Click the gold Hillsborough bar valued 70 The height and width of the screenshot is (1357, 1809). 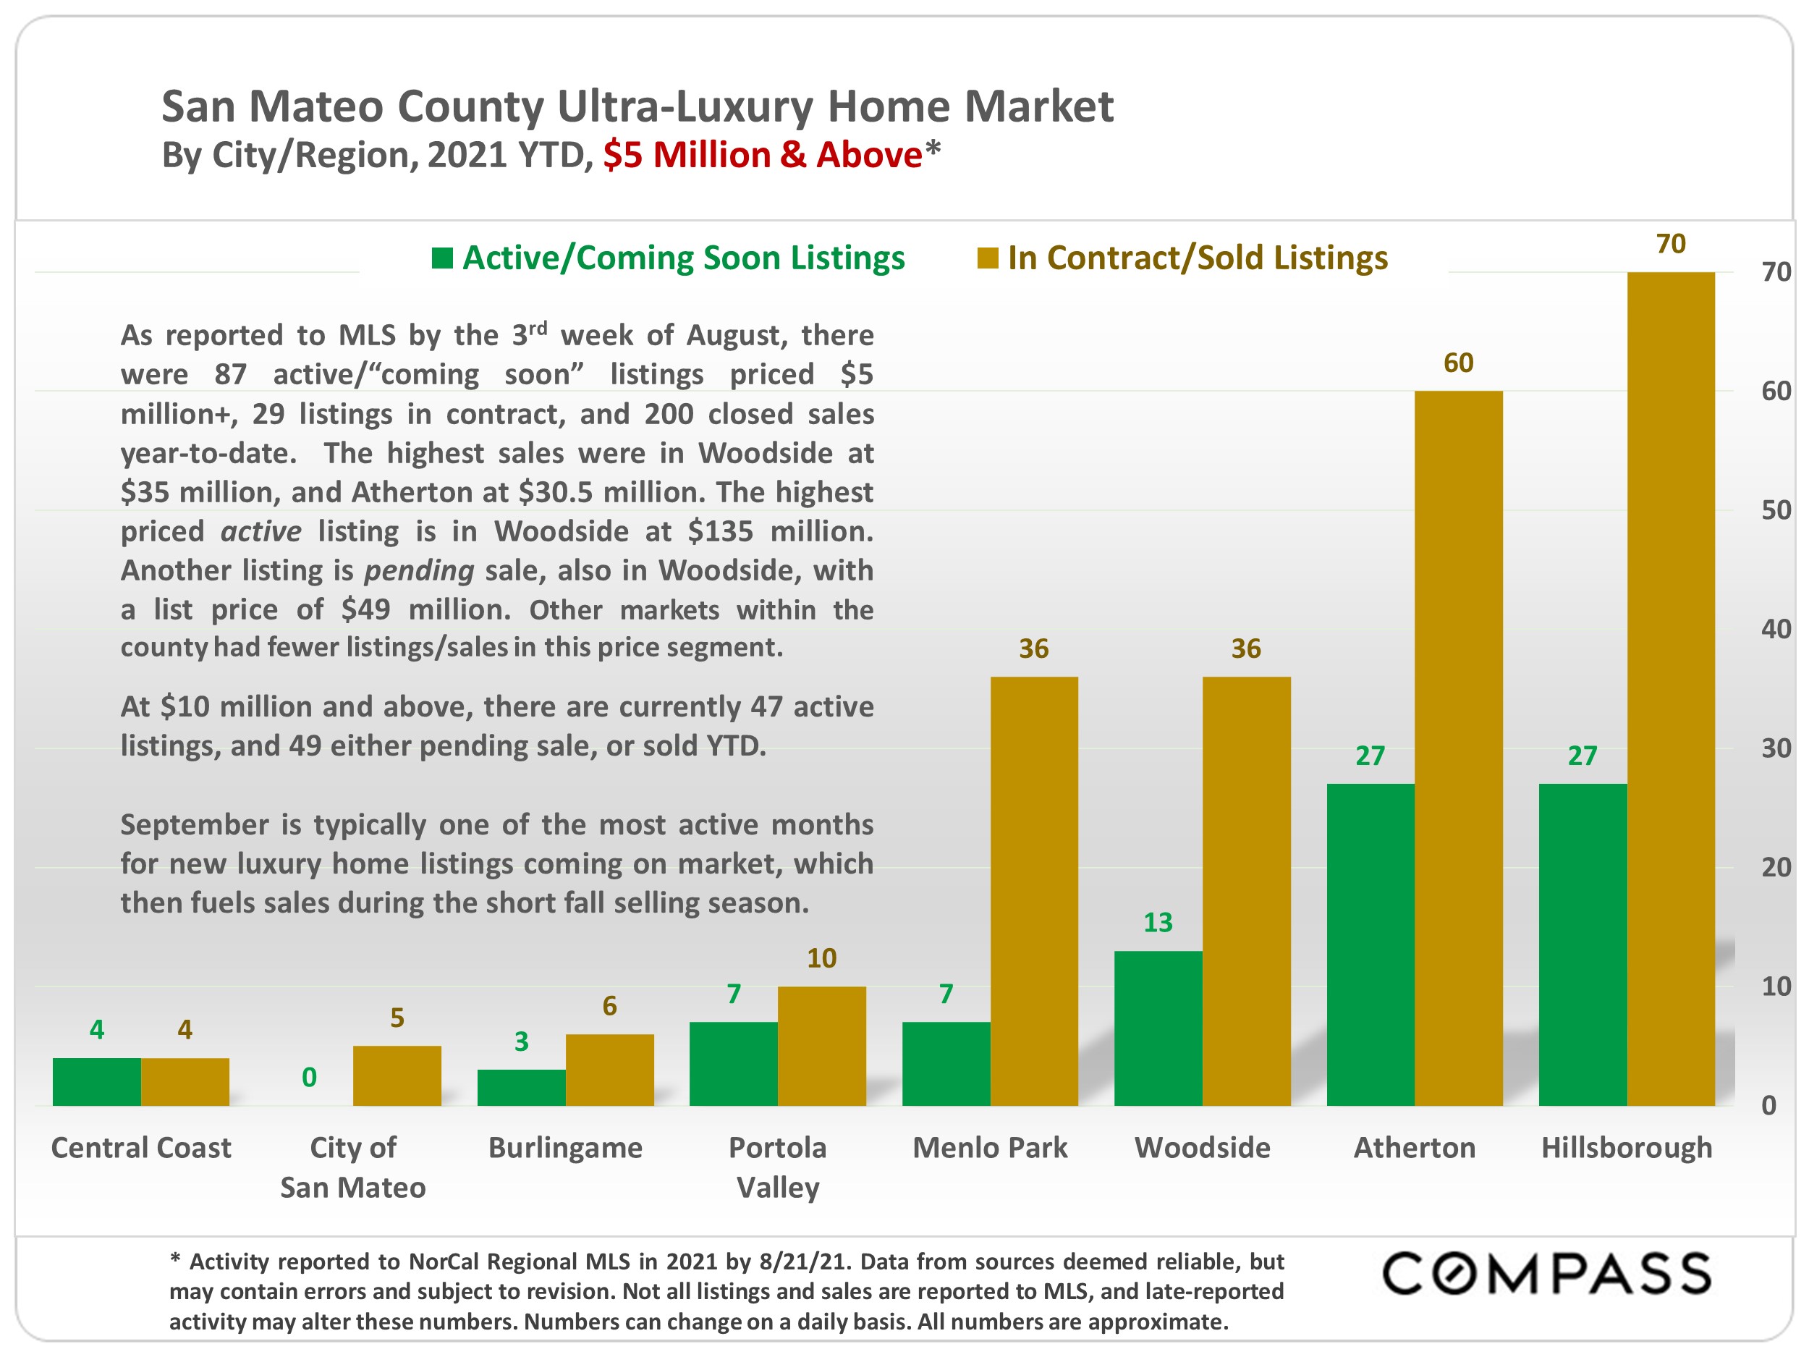pos(1670,689)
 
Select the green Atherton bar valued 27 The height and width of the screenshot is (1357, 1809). pos(1370,944)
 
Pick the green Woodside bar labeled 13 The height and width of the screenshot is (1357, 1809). pos(1157,1028)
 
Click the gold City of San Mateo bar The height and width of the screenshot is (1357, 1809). pos(397,1075)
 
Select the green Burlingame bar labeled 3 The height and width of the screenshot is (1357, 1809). pos(521,1087)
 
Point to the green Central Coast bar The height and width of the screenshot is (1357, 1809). pos(96,1081)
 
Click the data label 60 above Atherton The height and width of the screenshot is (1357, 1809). pos(1458,363)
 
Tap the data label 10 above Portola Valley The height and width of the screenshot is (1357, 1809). pos(821,957)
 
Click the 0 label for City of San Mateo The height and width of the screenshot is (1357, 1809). pos(309,1077)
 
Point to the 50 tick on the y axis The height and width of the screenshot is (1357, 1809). pos(1776,510)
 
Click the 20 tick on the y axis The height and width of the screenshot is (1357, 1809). pos(1776,867)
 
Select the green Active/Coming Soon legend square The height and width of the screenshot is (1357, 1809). pos(442,258)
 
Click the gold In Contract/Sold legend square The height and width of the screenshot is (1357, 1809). pos(987,258)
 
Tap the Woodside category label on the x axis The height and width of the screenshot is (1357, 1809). pos(1201,1148)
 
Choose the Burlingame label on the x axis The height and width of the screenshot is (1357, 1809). pos(565,1148)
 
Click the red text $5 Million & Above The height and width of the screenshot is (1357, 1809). pos(762,155)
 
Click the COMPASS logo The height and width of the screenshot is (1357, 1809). pos(1546,1274)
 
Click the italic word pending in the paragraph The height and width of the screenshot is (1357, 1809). pos(419,570)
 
